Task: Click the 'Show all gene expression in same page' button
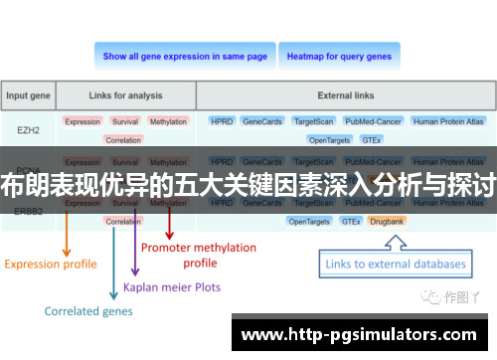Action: tap(185, 57)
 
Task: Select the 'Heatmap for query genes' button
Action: tap(339, 57)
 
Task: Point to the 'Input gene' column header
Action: tap(29, 96)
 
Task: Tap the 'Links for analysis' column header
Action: tap(124, 96)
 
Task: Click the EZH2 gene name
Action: tap(29, 129)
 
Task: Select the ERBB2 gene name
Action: tap(29, 210)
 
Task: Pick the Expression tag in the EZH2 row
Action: tap(83, 121)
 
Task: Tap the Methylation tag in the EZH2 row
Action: tap(168, 121)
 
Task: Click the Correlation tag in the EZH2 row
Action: tap(123, 140)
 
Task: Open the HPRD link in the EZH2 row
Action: tap(222, 121)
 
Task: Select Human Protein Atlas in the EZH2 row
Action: tap(448, 121)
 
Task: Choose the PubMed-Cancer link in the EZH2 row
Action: tap(372, 121)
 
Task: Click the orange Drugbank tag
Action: tap(387, 221)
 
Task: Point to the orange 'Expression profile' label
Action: tap(51, 264)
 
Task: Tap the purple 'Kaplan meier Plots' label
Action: tap(172, 286)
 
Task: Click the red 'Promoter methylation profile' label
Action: tap(199, 255)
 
